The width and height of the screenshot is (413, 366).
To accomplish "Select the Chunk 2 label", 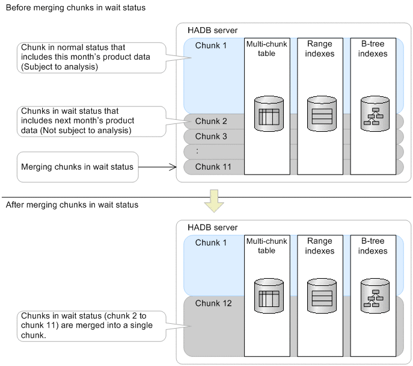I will (x=211, y=122).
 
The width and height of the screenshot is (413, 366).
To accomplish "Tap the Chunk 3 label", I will (x=211, y=137).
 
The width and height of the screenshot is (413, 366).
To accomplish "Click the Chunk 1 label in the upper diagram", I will (x=211, y=46).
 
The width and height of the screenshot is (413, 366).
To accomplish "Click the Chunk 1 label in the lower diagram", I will (x=211, y=242).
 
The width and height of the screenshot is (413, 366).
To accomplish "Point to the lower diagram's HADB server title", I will (x=204, y=228).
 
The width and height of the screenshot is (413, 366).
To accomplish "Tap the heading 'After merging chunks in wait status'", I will (x=72, y=205).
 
